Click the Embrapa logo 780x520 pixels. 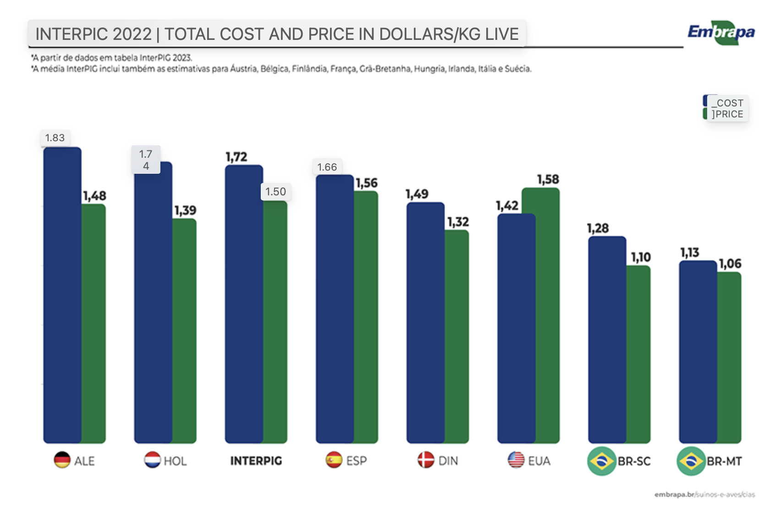tap(721, 33)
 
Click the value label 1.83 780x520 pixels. tap(55, 138)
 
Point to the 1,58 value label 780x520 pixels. tap(548, 179)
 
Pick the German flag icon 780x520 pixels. tap(62, 460)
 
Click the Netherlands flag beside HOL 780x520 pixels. tap(152, 460)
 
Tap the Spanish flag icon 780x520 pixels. tap(334, 460)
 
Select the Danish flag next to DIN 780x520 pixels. tap(425, 460)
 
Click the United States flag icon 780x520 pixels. tap(516, 460)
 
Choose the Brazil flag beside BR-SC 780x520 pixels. tap(601, 461)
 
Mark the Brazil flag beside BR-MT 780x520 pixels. tap(691, 461)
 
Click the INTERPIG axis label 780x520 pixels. tap(256, 461)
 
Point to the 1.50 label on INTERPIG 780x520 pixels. tap(276, 192)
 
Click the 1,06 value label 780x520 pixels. tap(730, 264)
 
